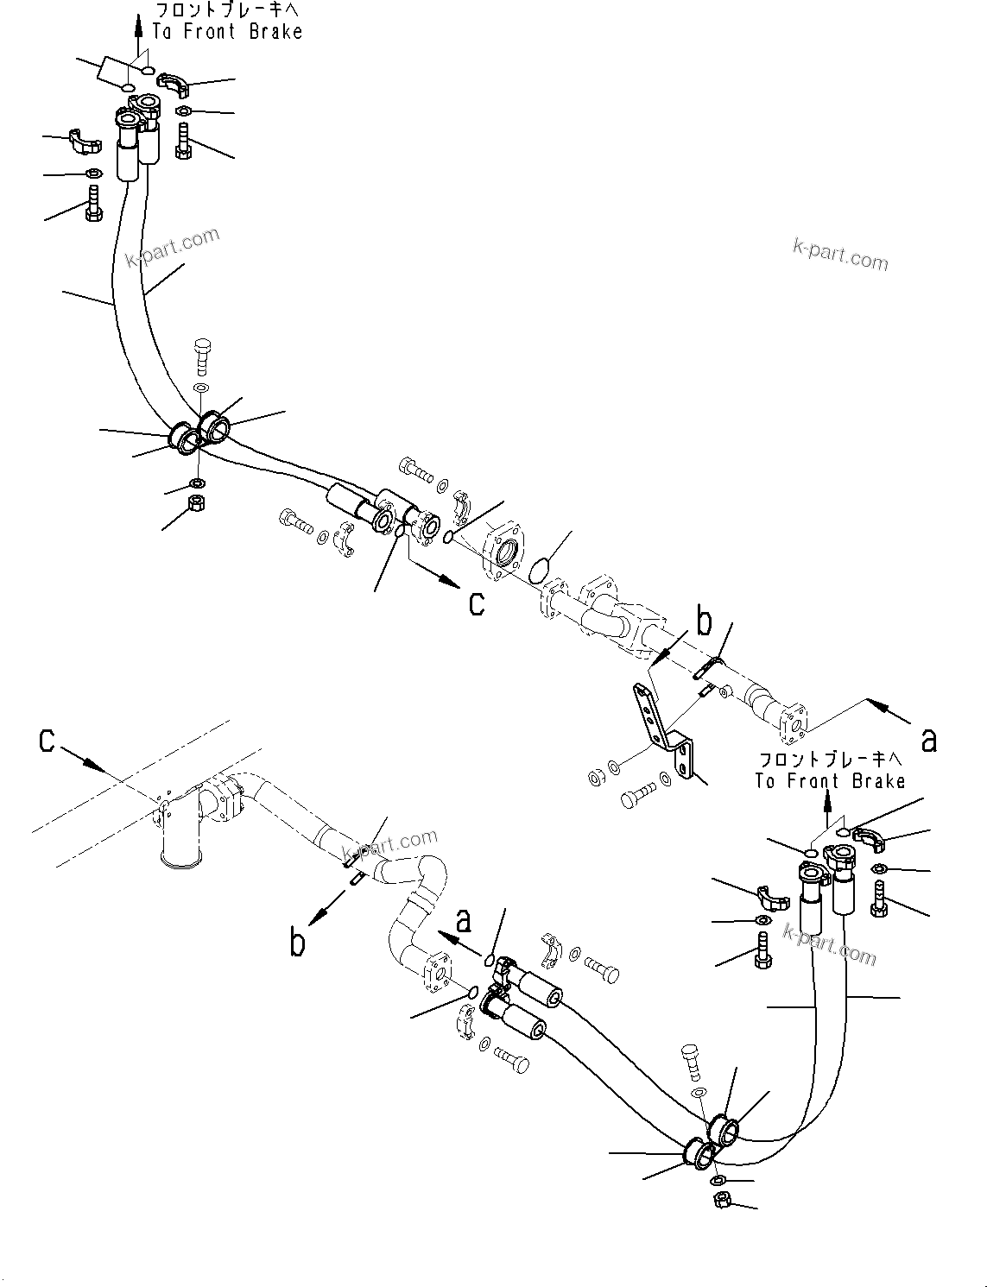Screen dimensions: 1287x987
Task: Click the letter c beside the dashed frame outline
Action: point(48,740)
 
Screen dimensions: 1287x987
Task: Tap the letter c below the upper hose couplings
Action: point(476,603)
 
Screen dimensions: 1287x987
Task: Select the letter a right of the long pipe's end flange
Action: point(928,740)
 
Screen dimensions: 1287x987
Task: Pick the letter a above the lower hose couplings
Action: point(465,921)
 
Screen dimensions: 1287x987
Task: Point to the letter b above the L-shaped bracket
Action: point(705,621)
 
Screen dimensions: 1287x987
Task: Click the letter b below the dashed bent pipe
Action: point(297,942)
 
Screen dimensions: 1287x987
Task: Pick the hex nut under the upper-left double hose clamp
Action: point(197,501)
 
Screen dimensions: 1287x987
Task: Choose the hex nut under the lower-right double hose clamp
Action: point(722,1199)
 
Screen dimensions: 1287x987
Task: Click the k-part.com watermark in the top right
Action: point(839,255)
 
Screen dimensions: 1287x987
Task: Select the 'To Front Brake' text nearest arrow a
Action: point(830,781)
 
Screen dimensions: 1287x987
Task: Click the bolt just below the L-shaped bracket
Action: point(636,795)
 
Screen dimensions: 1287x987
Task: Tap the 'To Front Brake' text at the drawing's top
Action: point(227,32)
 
